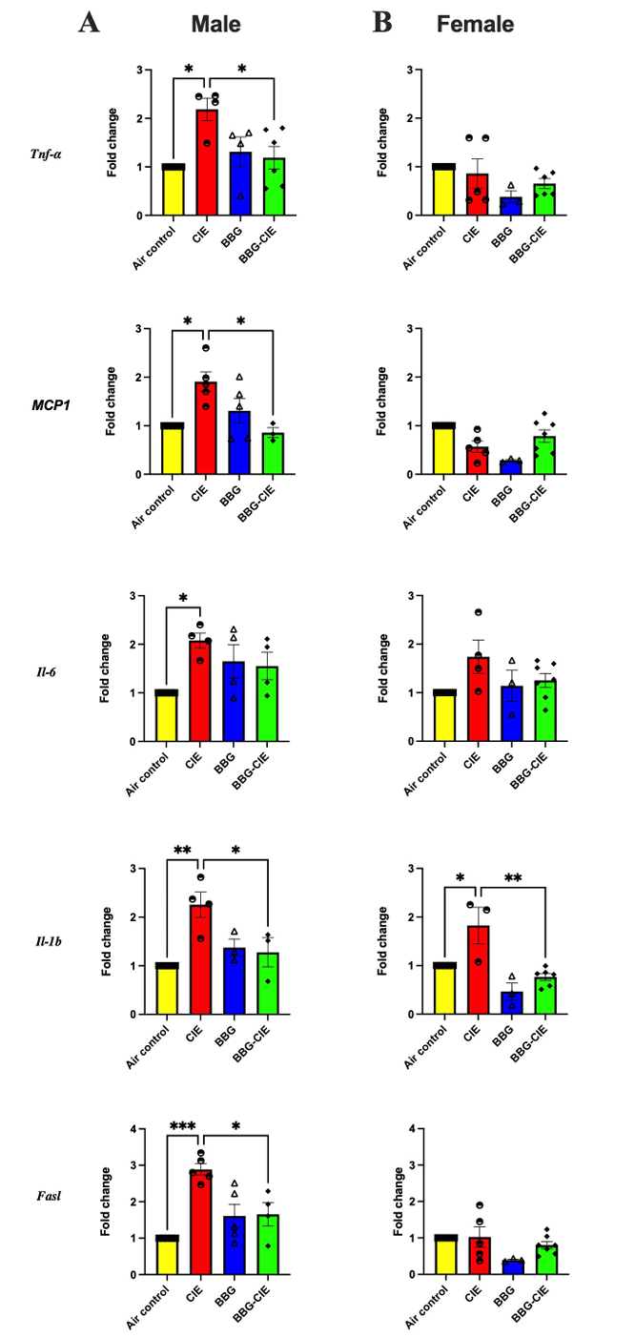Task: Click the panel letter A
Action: [90, 23]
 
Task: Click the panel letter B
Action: [382, 23]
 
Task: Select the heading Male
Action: [215, 24]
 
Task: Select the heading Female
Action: [474, 24]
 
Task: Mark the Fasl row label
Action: [45, 1196]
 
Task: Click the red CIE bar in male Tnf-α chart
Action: [207, 167]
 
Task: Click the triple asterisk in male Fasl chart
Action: [183, 1126]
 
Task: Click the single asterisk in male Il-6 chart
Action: [182, 600]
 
